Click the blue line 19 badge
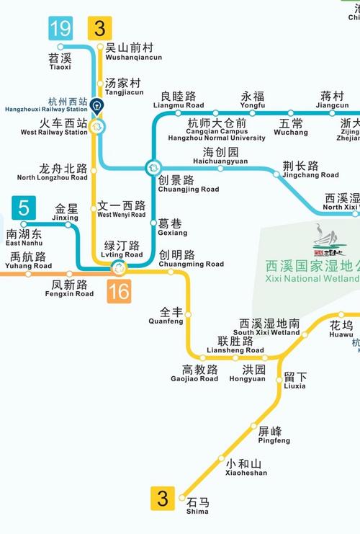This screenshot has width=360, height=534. (x=60, y=30)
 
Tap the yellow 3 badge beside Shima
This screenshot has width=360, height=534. (x=162, y=499)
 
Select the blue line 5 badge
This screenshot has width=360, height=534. (x=24, y=210)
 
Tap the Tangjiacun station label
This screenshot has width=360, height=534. (x=123, y=86)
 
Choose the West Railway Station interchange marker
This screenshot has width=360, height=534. (x=96, y=126)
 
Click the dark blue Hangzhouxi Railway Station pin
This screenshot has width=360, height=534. (x=96, y=107)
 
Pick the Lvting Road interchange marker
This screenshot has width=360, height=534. (x=118, y=269)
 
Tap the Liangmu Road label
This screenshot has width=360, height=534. (x=179, y=99)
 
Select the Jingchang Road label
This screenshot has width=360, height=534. (x=310, y=169)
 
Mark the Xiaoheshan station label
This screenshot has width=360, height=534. (x=246, y=468)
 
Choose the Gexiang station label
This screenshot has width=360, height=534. (x=172, y=228)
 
